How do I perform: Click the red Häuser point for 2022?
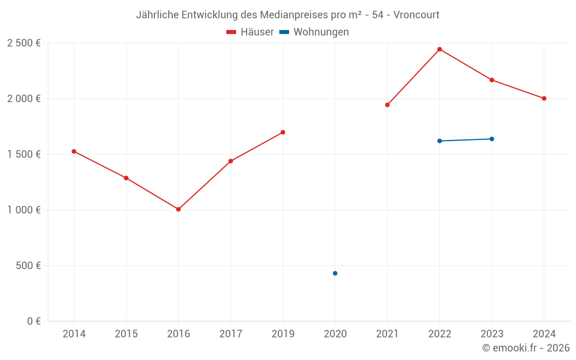click(x=439, y=49)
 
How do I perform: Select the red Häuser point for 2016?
click(x=179, y=209)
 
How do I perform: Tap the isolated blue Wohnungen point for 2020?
click(x=335, y=273)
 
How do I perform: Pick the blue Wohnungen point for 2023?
click(x=492, y=139)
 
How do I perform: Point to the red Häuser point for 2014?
click(x=74, y=151)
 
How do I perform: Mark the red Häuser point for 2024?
click(x=544, y=98)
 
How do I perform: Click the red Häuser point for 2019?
click(x=283, y=132)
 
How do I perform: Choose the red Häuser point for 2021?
click(x=388, y=105)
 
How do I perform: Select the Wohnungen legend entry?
click(x=314, y=32)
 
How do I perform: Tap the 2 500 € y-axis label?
click(x=24, y=43)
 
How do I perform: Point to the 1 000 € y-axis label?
click(x=24, y=210)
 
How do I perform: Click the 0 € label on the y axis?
click(x=33, y=321)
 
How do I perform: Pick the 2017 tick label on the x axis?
click(x=230, y=334)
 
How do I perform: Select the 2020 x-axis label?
click(x=335, y=334)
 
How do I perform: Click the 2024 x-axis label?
click(x=544, y=334)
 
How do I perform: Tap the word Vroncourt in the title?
click(x=417, y=15)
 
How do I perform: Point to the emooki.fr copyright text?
click(x=526, y=348)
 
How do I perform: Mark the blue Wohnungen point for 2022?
click(x=439, y=141)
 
